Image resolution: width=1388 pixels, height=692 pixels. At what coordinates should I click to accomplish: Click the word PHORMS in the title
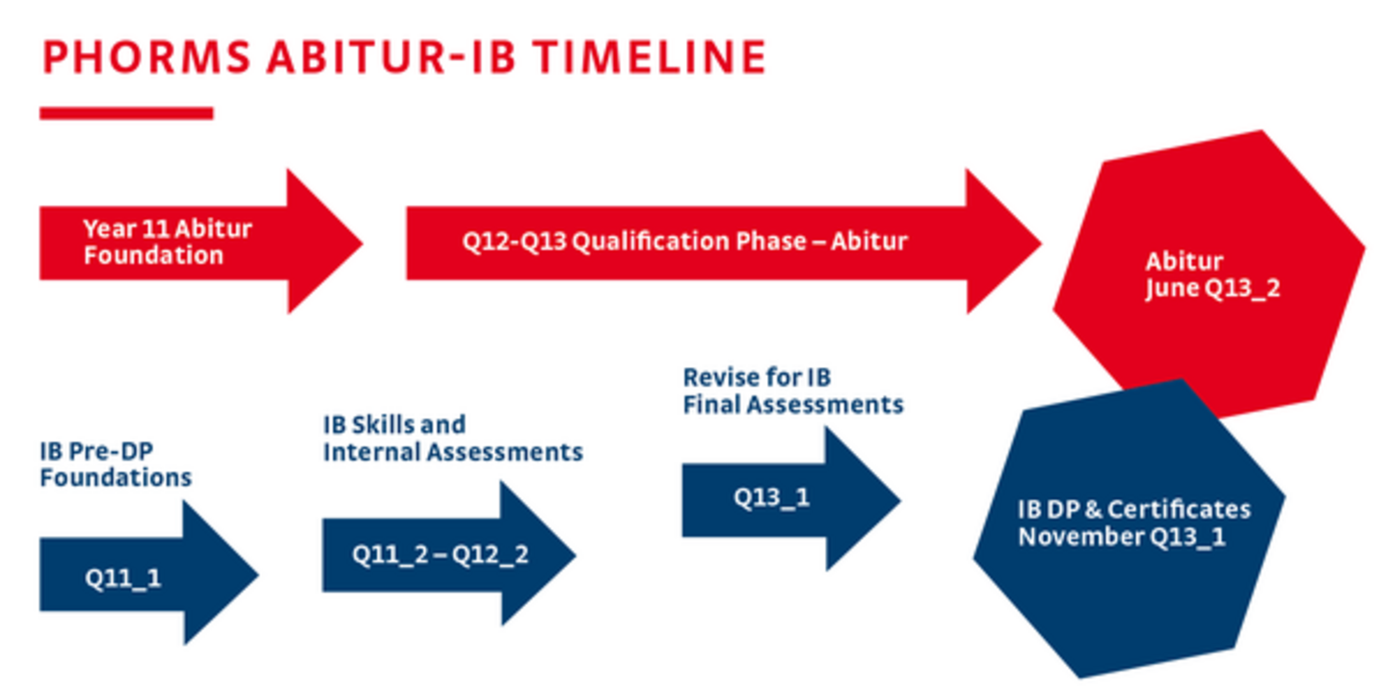[x=147, y=57]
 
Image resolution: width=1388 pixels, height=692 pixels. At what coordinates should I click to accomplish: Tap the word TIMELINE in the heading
[x=650, y=57]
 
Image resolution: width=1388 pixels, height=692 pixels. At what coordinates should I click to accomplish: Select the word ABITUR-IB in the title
[x=391, y=57]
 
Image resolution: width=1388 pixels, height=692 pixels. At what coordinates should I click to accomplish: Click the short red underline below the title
[x=126, y=114]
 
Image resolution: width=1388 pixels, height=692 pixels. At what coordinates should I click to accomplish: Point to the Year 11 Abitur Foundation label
[x=168, y=242]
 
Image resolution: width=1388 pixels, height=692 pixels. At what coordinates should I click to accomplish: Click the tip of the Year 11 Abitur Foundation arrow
[x=363, y=242]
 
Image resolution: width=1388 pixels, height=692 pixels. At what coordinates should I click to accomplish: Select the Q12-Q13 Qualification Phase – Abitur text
[x=684, y=241]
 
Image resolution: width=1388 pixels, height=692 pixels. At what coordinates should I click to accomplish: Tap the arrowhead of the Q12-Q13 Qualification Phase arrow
[x=1003, y=242]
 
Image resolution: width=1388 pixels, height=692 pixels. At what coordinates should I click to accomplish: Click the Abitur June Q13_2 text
[x=1213, y=275]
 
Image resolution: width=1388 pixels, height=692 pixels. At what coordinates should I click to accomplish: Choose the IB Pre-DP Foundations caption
[x=116, y=465]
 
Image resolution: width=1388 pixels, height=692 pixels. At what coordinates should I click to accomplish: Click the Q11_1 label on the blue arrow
[x=122, y=578]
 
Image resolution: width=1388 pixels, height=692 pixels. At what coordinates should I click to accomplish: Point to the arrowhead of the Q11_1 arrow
[x=221, y=573]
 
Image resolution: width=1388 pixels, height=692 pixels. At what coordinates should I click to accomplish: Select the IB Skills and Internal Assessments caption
[x=453, y=439]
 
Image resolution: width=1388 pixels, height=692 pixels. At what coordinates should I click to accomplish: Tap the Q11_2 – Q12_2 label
[x=440, y=554]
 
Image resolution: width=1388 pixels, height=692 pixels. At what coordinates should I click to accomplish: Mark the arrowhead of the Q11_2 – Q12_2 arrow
[x=538, y=554]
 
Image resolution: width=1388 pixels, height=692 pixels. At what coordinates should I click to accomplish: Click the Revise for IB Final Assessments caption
[x=793, y=391]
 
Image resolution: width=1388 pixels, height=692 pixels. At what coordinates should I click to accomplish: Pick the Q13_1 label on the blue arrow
[x=771, y=497]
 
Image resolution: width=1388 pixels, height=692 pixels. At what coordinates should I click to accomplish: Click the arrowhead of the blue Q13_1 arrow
[x=863, y=498]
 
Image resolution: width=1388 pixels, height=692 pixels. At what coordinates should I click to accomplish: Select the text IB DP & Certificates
[x=1134, y=509]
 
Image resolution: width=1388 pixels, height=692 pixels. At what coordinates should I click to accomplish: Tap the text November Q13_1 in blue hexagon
[x=1122, y=537]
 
